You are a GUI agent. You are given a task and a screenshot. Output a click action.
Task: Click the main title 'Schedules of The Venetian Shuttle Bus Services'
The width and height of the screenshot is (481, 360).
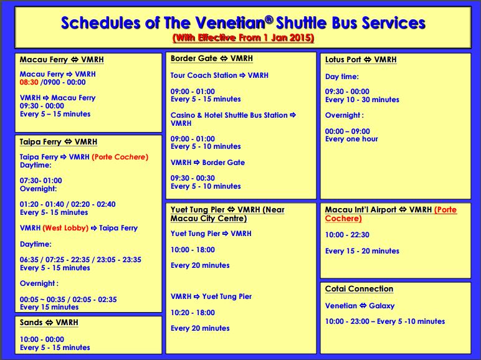click(x=243, y=23)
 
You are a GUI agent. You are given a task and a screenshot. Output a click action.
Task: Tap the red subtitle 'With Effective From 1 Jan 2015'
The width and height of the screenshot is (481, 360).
click(x=243, y=38)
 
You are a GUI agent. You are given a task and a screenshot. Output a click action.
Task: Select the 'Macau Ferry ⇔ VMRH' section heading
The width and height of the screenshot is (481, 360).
click(x=62, y=60)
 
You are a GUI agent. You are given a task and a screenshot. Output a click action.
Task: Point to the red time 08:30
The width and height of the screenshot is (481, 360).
click(x=29, y=82)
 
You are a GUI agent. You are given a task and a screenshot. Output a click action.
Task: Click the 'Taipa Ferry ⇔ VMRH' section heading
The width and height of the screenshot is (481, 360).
click(x=59, y=142)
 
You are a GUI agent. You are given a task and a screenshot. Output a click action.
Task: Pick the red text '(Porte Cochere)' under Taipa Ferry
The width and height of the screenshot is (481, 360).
click(x=120, y=157)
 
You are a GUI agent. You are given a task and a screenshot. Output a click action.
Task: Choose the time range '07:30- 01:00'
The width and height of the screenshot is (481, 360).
click(x=41, y=181)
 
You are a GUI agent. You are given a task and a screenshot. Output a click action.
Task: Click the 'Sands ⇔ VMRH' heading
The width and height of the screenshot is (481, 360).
click(x=49, y=323)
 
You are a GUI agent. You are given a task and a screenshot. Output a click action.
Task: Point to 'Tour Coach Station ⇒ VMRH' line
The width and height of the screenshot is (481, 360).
click(x=219, y=75)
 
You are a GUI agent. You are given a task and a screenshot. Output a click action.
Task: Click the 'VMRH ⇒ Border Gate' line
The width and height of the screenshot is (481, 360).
click(x=207, y=163)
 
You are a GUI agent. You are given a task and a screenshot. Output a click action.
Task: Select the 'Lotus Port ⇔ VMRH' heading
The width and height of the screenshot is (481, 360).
click(x=361, y=60)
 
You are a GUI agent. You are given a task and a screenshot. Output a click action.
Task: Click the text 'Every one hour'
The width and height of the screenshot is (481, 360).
click(x=351, y=139)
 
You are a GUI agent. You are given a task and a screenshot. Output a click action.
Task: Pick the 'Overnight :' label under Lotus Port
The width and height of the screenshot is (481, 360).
click(x=345, y=115)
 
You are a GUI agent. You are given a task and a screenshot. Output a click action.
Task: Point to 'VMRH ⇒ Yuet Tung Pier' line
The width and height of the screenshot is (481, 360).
click(x=211, y=296)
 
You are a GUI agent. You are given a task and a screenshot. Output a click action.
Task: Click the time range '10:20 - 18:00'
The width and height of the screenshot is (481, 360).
click(x=193, y=313)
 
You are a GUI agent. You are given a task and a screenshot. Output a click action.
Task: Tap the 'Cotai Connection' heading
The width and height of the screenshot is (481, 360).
click(x=360, y=289)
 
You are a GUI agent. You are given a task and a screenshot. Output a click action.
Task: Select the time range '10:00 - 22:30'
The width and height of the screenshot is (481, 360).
click(x=347, y=235)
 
